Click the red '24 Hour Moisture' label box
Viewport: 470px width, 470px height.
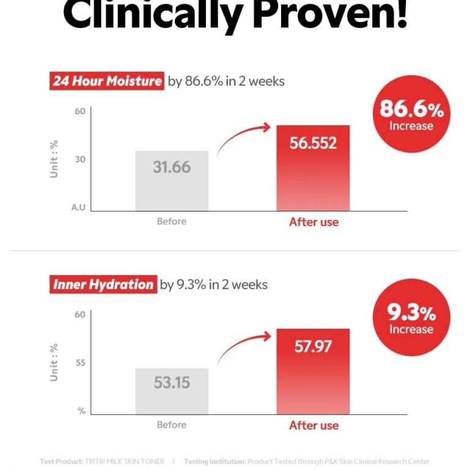point(107,81)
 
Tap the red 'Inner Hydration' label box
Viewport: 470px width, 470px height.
point(103,284)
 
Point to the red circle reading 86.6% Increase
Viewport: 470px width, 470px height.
point(411,114)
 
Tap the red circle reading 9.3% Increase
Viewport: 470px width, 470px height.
point(411,317)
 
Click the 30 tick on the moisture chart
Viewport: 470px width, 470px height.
point(80,160)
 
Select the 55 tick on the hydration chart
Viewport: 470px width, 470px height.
point(80,362)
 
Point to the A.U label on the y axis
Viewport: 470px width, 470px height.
point(78,207)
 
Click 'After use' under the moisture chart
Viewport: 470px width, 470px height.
point(314,222)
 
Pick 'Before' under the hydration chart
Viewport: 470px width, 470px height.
point(172,425)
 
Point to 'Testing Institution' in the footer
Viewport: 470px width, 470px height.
point(214,461)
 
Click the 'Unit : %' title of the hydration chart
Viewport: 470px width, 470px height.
point(54,362)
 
